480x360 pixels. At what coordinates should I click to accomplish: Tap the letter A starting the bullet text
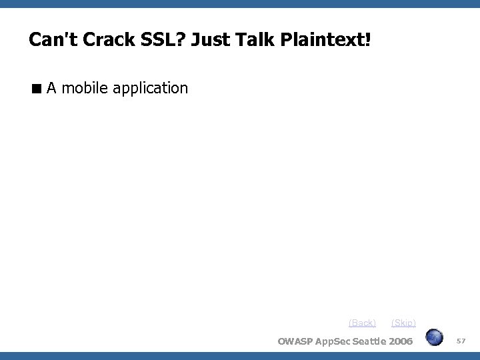click(x=51, y=88)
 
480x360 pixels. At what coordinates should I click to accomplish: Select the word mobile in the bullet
click(x=86, y=88)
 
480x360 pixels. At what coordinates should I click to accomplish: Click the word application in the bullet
click(x=151, y=89)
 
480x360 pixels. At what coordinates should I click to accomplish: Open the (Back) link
click(x=362, y=323)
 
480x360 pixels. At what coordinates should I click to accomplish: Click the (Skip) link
click(x=403, y=323)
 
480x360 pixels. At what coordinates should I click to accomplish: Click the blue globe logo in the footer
click(x=435, y=337)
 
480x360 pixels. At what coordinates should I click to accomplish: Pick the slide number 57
click(x=461, y=341)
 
